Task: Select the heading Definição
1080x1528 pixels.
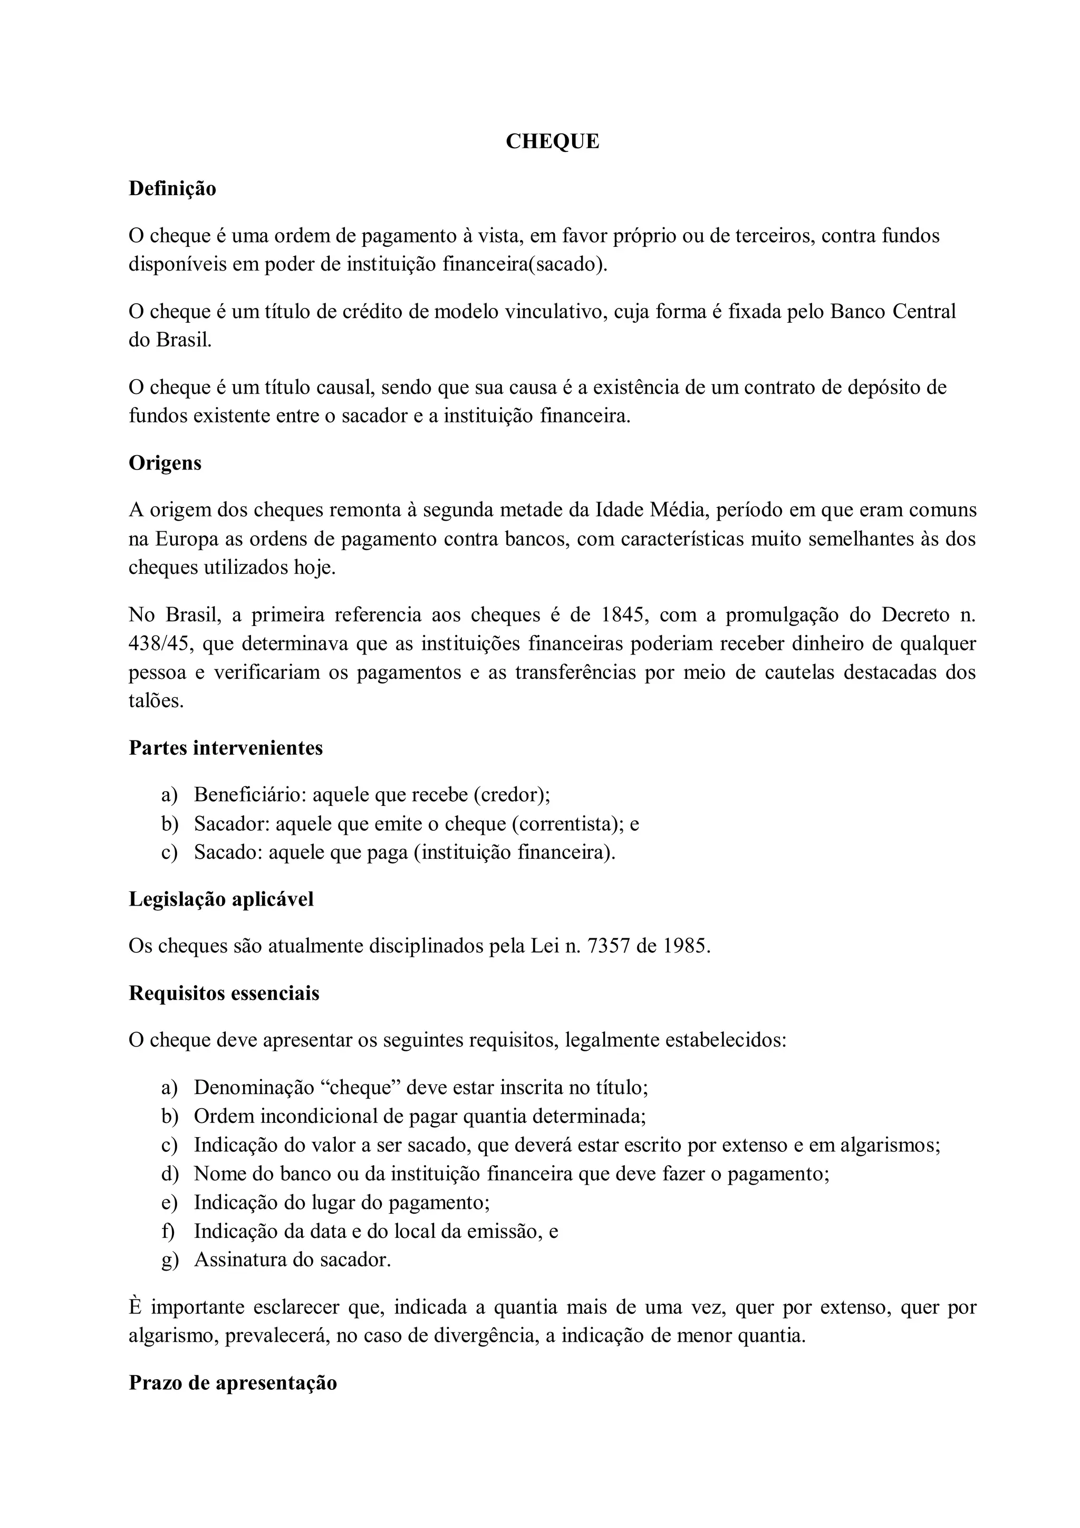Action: tap(172, 189)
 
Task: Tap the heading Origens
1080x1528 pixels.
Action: tap(165, 463)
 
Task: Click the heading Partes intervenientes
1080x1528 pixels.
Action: tap(226, 748)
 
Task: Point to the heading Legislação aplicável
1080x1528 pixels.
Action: tap(221, 899)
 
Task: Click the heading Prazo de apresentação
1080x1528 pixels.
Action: tap(233, 1382)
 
